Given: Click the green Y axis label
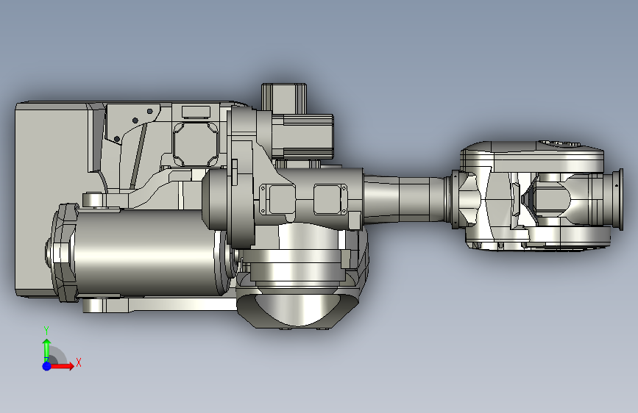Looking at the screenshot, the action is (46, 330).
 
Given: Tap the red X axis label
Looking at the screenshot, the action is (79, 362).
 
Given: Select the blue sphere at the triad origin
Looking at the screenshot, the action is (47, 366).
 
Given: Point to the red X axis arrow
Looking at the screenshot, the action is (62, 366).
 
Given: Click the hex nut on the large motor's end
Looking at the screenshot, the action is (56, 252).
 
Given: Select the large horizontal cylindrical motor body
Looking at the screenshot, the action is (144, 253).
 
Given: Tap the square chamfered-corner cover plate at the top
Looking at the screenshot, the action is (196, 144).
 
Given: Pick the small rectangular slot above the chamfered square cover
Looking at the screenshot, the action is (196, 112).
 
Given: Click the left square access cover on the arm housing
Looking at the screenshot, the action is (278, 199).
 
